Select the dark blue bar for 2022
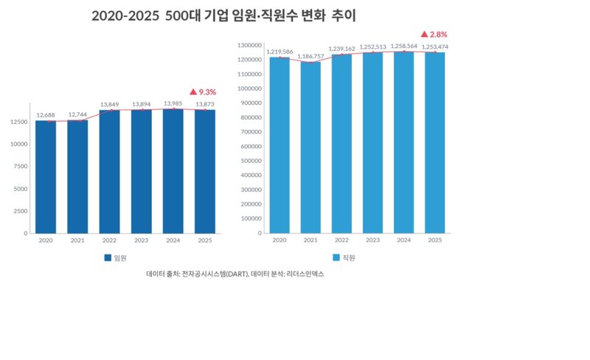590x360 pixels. point(109,171)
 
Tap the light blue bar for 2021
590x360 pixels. point(310,148)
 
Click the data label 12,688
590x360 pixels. point(46,115)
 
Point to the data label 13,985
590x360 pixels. point(173,104)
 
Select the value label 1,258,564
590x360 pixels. point(403,46)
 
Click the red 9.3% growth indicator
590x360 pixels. point(203,92)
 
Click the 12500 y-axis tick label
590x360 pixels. point(18,121)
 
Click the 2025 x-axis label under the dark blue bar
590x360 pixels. point(204,241)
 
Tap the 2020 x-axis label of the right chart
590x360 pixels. point(280,241)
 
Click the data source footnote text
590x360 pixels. point(235,274)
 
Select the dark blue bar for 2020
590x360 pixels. point(46,176)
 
